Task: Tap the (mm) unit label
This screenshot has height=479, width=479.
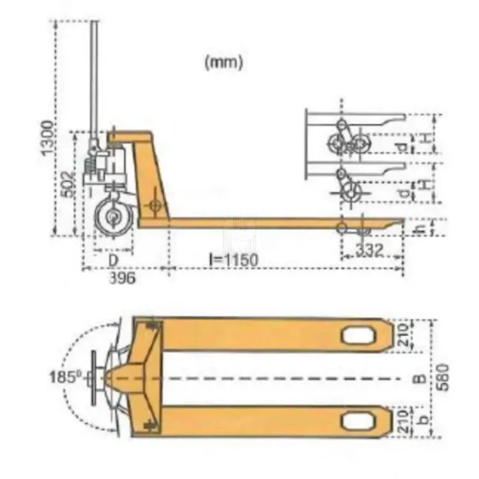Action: [223, 63]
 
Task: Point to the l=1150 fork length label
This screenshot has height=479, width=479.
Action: [231, 260]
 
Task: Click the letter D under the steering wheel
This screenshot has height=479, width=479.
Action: [112, 260]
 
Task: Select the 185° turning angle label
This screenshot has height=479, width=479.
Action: [63, 377]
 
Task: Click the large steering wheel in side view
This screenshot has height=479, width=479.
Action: [114, 218]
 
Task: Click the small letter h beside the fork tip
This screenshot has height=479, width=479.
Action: [420, 227]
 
